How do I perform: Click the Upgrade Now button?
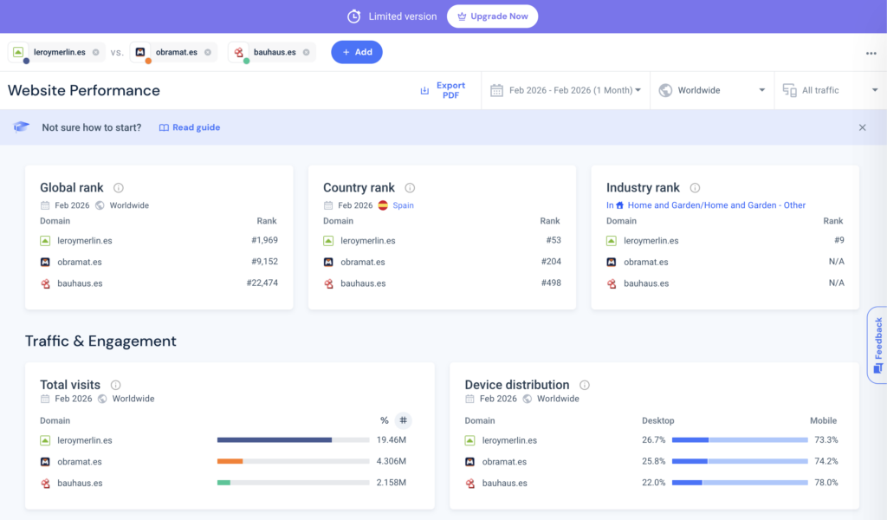[492, 16]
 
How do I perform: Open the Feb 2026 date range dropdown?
[567, 90]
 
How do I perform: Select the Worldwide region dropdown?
[712, 90]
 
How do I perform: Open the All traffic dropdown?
[830, 90]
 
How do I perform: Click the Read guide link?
[190, 127]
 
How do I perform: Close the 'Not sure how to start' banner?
[862, 127]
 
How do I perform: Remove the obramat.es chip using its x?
[207, 52]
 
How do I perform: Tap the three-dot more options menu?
[871, 53]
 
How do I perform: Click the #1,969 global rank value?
[264, 240]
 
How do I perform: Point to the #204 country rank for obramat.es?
[550, 262]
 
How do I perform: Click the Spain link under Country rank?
[403, 205]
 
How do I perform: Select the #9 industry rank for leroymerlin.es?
[838, 240]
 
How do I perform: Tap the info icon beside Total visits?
[115, 385]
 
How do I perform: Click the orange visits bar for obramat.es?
[230, 461]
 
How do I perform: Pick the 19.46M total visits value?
[391, 440]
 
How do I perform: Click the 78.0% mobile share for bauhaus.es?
[825, 483]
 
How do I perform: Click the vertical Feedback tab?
[877, 344]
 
